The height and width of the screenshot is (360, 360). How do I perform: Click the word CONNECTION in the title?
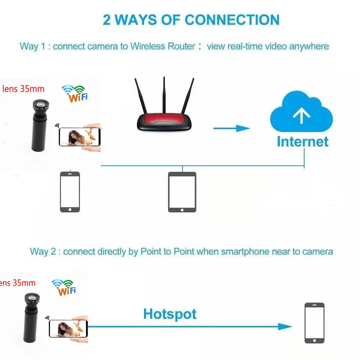tap(232, 19)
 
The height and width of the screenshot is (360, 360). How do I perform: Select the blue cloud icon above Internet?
tap(301, 112)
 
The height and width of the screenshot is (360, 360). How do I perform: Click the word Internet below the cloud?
tap(302, 142)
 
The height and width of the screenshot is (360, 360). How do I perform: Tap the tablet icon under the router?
tap(182, 192)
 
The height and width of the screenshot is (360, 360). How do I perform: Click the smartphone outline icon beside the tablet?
tap(70, 192)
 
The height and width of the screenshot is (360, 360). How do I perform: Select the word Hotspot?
tap(170, 313)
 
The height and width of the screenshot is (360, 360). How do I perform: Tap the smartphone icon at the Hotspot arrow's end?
tap(314, 323)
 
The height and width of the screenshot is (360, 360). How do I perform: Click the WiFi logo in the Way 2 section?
tap(64, 287)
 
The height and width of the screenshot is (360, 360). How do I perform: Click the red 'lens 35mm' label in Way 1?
tap(23, 89)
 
